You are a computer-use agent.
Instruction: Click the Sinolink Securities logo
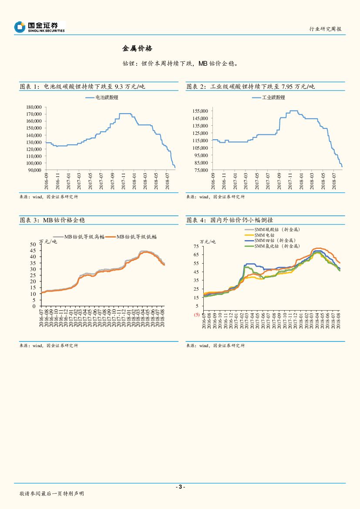(39, 27)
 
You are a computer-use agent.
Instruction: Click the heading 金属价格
(137, 48)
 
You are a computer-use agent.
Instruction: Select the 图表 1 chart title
(82, 87)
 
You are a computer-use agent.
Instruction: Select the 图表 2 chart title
(250, 87)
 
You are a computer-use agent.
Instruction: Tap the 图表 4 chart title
(229, 220)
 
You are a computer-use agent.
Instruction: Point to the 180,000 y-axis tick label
(34, 107)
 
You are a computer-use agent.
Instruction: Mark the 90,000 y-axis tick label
(35, 170)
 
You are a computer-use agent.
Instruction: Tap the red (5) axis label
(196, 314)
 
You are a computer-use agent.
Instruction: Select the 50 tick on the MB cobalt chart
(33, 244)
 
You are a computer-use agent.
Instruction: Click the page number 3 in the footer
(180, 487)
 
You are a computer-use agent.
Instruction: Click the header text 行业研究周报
(325, 29)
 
